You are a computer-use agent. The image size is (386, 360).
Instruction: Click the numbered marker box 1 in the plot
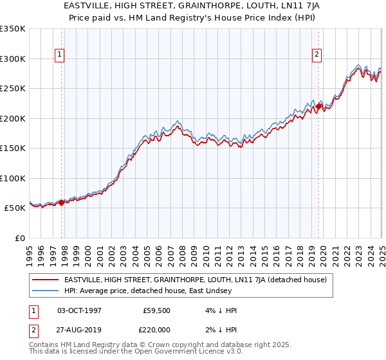click(x=59, y=55)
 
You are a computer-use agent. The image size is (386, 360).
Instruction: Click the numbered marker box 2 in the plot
click(x=317, y=55)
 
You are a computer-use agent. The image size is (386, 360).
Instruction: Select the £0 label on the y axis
click(x=19, y=238)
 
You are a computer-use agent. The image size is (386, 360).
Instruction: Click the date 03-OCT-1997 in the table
click(x=79, y=310)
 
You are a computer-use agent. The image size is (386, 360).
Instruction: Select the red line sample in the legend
click(x=46, y=280)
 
